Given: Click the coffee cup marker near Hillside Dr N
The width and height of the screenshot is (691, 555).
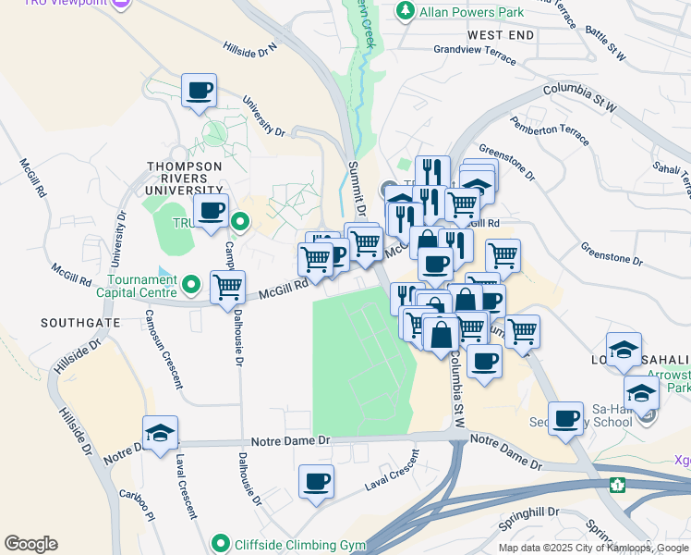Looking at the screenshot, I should click(x=199, y=92).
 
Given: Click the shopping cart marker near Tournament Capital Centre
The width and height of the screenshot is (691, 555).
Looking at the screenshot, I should click(x=227, y=287).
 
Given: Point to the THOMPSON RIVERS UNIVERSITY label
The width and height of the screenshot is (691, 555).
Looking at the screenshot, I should click(x=185, y=173).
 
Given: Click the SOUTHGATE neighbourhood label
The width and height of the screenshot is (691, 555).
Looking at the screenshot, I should click(x=79, y=323).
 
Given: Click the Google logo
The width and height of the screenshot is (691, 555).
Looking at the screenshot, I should click(x=30, y=544).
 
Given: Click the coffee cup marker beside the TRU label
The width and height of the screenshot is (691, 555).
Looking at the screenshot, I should click(x=211, y=212).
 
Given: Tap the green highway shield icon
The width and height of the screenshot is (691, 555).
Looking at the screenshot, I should click(x=618, y=484).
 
